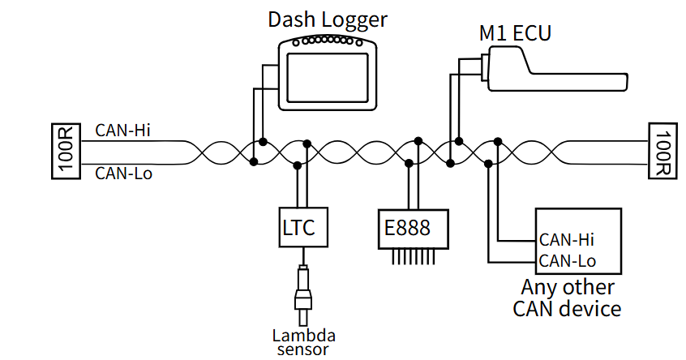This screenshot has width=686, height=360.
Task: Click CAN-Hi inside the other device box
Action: pyautogui.click(x=566, y=240)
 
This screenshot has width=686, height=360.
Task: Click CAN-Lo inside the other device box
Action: pyautogui.click(x=567, y=260)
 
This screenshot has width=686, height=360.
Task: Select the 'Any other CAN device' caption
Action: pyautogui.click(x=567, y=298)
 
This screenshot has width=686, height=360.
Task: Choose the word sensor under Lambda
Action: pyautogui.click(x=304, y=350)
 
